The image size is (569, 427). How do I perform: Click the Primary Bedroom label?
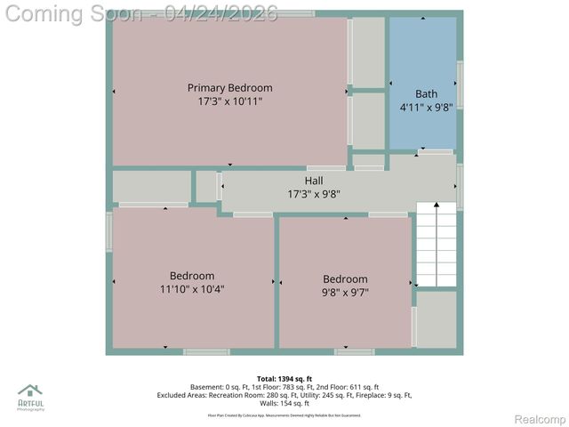click(229, 87)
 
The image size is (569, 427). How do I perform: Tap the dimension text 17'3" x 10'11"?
click(229, 101)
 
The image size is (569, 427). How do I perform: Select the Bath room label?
click(426, 93)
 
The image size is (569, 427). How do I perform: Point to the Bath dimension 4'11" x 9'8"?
click(426, 108)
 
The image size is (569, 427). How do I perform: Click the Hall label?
click(314, 181)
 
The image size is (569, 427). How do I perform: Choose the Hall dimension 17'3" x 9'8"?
click(314, 194)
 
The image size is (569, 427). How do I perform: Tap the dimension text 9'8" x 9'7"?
click(345, 292)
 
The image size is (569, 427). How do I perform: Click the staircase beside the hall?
click(436, 244)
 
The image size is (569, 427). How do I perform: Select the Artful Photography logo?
click(30, 397)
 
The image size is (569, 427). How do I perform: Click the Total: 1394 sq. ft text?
click(284, 378)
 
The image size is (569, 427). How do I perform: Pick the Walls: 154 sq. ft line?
click(284, 403)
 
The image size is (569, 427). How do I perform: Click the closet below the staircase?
click(436, 319)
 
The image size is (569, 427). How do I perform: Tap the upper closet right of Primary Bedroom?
click(368, 52)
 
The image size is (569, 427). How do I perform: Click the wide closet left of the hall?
click(151, 186)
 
